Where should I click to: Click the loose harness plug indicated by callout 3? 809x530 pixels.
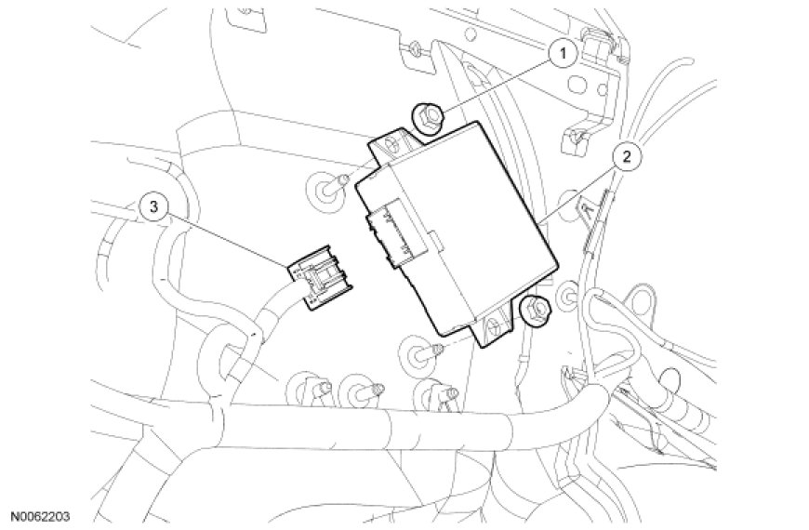pos(316,280)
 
